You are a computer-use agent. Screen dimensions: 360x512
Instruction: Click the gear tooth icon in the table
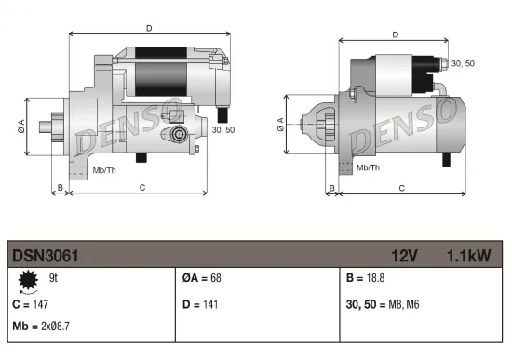coord(26,278)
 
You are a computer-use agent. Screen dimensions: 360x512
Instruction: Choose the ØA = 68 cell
coord(202,278)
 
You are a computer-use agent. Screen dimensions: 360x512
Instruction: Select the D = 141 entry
coord(200,304)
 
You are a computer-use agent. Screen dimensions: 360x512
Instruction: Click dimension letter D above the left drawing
coord(150,28)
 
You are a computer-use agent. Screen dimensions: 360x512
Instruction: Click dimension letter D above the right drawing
coord(396,34)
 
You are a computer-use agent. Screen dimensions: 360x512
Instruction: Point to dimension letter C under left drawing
coord(141,187)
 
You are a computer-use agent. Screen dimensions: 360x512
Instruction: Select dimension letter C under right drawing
coord(401,187)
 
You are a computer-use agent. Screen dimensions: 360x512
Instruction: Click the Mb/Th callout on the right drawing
coord(369,167)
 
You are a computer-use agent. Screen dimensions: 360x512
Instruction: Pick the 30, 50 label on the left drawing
coord(223,130)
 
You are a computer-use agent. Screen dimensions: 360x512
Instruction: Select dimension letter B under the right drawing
coord(332,187)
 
